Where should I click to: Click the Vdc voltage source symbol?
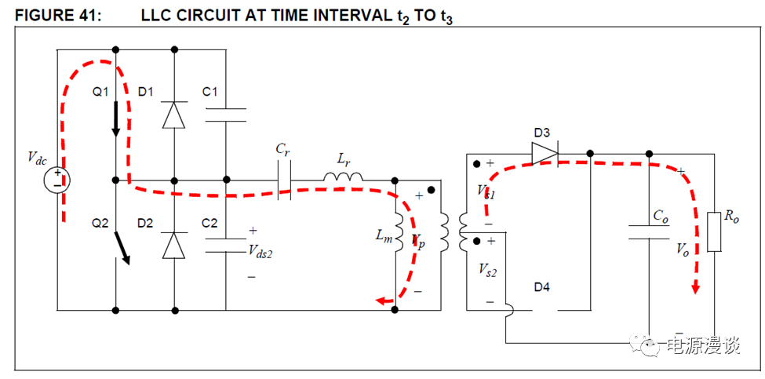click(x=56, y=181)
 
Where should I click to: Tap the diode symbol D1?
click(x=173, y=115)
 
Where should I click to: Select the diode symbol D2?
click(x=173, y=245)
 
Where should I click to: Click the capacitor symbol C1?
click(x=225, y=115)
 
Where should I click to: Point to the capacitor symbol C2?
click(x=225, y=245)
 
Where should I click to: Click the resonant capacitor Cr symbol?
click(x=285, y=180)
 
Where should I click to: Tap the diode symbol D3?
click(x=543, y=154)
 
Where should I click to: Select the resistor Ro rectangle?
click(x=713, y=231)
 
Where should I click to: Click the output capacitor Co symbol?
click(x=649, y=231)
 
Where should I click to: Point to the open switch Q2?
click(x=121, y=245)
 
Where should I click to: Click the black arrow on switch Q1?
click(x=116, y=118)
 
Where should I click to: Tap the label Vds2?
click(x=263, y=251)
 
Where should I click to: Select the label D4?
click(x=541, y=287)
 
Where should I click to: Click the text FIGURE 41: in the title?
click(x=53, y=16)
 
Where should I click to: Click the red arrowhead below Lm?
click(x=383, y=300)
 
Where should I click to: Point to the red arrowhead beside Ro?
click(x=695, y=288)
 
